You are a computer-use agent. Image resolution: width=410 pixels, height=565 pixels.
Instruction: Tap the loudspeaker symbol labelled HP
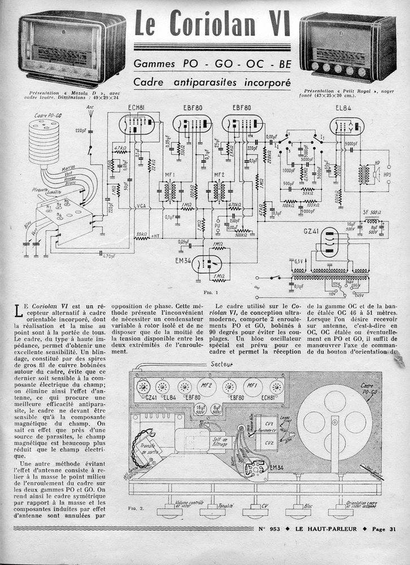click(375, 172)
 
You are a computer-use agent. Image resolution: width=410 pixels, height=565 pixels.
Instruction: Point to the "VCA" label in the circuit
click(141, 207)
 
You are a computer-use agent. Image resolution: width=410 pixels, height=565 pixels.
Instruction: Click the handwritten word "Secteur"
click(221, 364)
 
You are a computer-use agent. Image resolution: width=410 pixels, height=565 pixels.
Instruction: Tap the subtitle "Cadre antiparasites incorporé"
click(212, 82)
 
